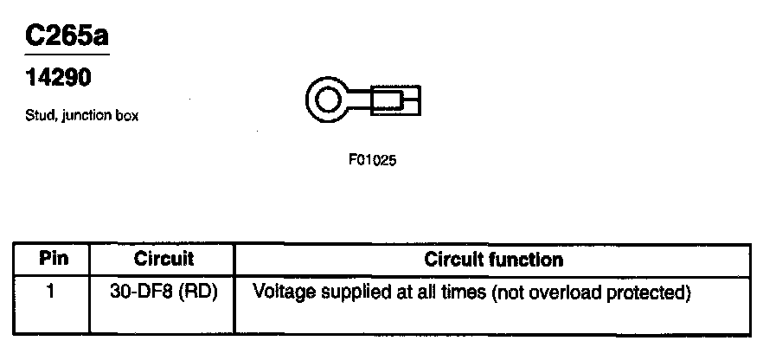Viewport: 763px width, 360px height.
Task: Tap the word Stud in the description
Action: click(x=39, y=117)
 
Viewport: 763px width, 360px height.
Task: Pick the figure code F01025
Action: click(x=372, y=160)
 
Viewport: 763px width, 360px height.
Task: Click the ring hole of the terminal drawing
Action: click(x=328, y=102)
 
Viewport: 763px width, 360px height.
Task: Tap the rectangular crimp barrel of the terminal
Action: click(x=396, y=102)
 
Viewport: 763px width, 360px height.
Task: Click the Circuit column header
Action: click(x=163, y=259)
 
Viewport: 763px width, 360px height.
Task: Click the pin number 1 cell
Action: click(x=51, y=292)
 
